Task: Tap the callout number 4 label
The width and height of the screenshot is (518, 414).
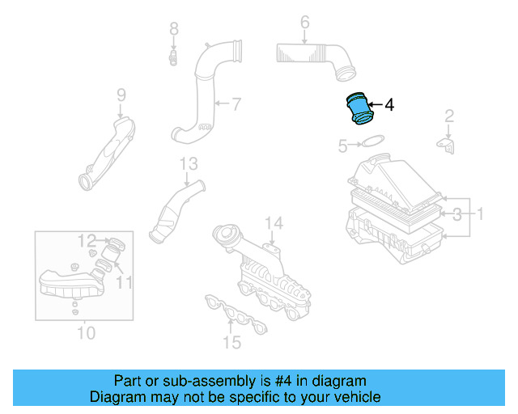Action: coord(388,105)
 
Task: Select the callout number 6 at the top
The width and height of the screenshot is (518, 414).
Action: coord(304,23)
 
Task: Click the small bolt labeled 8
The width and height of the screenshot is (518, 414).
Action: coord(173,57)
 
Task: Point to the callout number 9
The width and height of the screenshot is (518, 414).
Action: coord(121,95)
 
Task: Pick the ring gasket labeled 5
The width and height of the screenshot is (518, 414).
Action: coord(372,143)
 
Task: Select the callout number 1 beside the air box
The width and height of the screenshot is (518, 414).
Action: coord(479,214)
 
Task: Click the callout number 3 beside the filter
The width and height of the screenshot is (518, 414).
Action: coord(457,214)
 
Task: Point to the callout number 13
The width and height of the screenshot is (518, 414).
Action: coord(188,164)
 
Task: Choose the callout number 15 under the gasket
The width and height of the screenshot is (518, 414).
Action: coord(231,343)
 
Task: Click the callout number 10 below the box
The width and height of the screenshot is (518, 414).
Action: coord(85,332)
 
